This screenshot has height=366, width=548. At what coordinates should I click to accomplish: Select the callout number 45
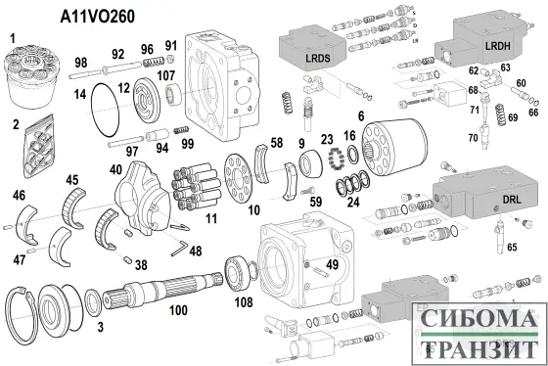coord(72,179)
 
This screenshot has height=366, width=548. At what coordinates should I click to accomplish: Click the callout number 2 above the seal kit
coord(15,123)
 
